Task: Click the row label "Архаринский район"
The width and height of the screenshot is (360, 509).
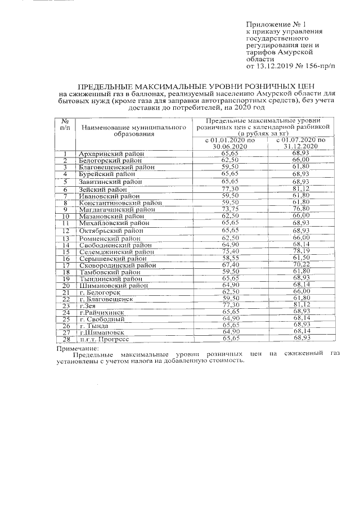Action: click(112, 154)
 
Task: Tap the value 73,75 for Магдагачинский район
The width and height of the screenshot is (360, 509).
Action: click(230, 209)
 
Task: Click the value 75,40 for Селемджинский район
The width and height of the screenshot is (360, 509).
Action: click(230, 251)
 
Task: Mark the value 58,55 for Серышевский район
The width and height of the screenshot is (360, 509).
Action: click(230, 258)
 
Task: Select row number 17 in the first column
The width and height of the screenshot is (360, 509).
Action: click(65, 265)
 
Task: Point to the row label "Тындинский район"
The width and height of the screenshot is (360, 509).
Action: click(111, 279)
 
